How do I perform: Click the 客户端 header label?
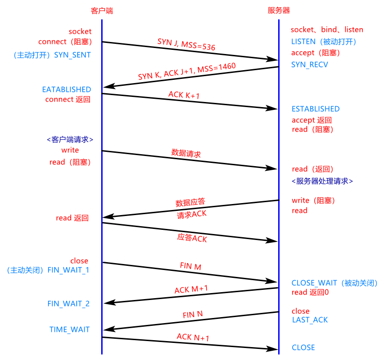[x=102, y=10]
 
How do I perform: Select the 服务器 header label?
[x=279, y=10]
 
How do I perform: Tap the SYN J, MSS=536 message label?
[x=186, y=44]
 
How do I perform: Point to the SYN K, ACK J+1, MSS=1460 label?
[x=187, y=72]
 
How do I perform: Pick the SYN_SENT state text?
[x=73, y=54]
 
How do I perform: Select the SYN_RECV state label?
[x=309, y=65]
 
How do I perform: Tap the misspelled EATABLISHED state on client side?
[x=67, y=89]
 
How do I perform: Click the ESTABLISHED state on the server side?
[x=315, y=109]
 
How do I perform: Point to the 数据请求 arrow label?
[x=186, y=153]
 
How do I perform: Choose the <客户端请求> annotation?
[x=70, y=139]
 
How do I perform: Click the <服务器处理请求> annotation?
[x=322, y=181]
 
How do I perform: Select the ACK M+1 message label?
[x=191, y=289]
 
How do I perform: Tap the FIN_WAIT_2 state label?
[x=68, y=304]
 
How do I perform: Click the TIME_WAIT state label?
[x=69, y=330]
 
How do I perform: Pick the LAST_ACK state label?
[x=310, y=319]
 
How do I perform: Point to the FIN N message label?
[x=193, y=315]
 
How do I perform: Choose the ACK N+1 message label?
[x=193, y=337]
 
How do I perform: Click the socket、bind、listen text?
[x=327, y=30]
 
